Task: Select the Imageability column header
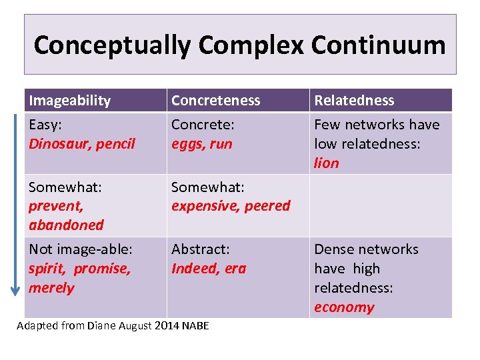coord(69,101)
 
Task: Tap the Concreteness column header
coord(215,101)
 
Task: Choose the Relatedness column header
coord(354,101)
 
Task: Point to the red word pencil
coord(117,143)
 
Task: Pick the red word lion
coord(327,163)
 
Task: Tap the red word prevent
coord(55,206)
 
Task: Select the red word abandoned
coord(66,225)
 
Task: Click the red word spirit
coord(47,269)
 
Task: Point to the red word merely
coord(51,288)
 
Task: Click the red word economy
coord(344,307)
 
